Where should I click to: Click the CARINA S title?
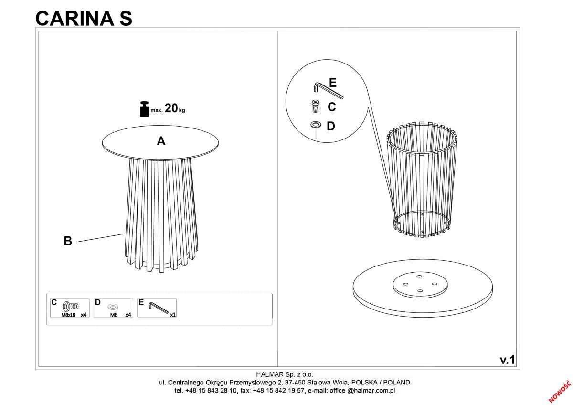tap(84, 19)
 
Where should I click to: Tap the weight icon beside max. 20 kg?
tap(144, 109)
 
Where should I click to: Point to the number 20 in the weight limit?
tap(171, 108)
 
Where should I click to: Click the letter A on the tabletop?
tap(161, 141)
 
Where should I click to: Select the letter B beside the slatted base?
tap(68, 241)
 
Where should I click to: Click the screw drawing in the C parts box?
tap(71, 306)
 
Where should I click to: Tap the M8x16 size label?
tap(68, 315)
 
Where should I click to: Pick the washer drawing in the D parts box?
tap(113, 306)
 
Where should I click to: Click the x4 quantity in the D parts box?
tap(128, 315)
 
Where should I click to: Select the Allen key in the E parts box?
tap(159, 308)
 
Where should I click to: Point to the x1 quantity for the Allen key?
tap(173, 315)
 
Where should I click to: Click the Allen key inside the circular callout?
tap(328, 90)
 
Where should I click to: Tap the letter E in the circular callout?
tap(332, 83)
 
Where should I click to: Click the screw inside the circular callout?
tap(316, 106)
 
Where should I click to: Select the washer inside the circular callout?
tap(316, 125)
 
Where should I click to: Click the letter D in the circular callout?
tap(331, 126)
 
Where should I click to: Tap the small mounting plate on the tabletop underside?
tap(420, 285)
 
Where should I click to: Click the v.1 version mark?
tap(508, 360)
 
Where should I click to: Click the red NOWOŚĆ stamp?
tap(560, 392)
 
